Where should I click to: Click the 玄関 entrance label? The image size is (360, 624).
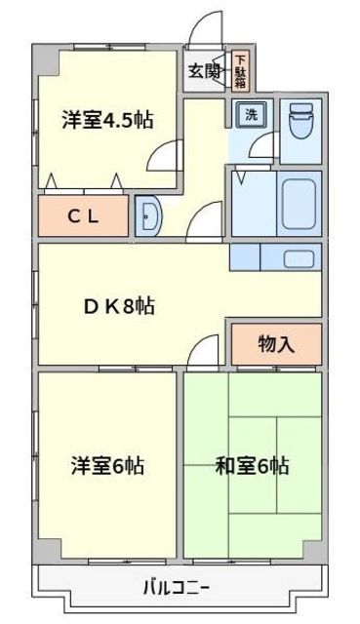(x=204, y=70)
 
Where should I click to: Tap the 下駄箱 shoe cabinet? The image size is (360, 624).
(x=240, y=71)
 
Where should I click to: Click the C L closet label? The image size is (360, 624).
(x=83, y=216)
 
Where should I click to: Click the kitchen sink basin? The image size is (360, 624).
(x=299, y=258)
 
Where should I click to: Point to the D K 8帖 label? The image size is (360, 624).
(x=117, y=304)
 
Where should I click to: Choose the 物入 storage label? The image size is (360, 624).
(x=276, y=343)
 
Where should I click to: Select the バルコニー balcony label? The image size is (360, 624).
(x=177, y=587)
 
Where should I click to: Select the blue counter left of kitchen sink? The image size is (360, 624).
(x=245, y=257)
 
